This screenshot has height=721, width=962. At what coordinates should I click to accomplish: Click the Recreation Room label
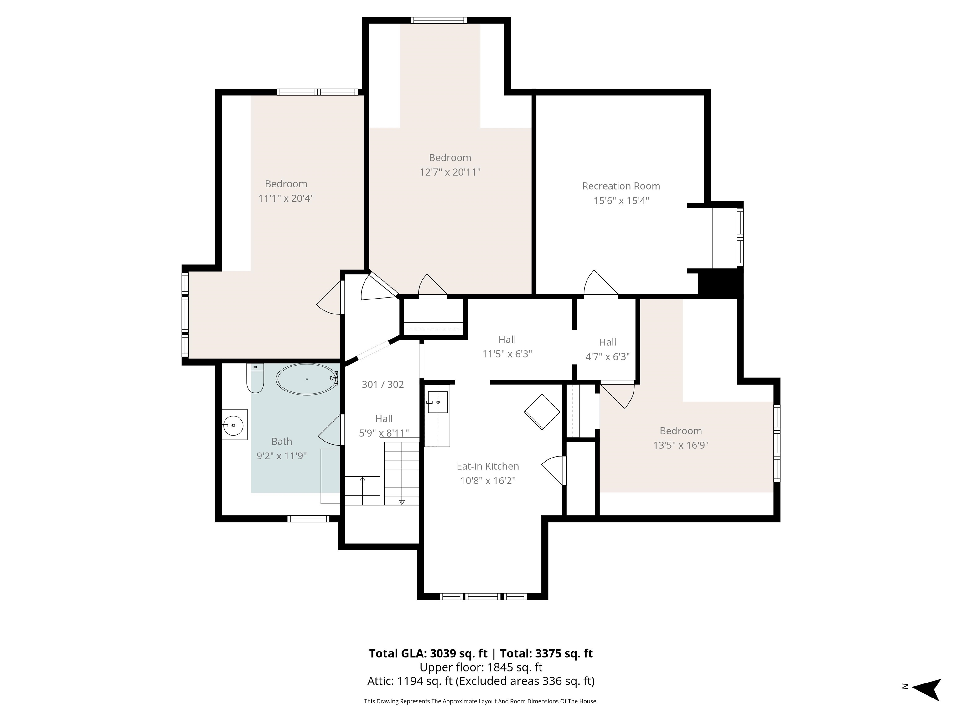point(621,186)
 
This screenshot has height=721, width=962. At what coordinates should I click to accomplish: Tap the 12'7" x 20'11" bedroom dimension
point(450,172)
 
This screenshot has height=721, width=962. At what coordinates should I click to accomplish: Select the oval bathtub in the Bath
point(307,379)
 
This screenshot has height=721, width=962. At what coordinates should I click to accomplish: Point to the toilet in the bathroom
point(255,378)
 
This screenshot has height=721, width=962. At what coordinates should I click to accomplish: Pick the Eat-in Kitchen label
point(488,466)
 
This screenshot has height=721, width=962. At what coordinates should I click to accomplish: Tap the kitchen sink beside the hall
point(437,402)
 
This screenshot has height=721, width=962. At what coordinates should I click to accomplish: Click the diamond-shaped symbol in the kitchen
point(542,412)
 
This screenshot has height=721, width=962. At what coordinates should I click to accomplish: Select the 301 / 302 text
point(383,385)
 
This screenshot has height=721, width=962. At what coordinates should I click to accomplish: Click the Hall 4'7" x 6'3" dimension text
point(608,357)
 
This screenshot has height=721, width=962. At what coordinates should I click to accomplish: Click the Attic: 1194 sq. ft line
point(481,681)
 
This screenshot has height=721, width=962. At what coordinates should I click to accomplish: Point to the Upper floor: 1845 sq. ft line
point(481,667)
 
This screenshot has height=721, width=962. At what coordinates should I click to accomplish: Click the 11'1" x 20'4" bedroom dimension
point(286,198)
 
